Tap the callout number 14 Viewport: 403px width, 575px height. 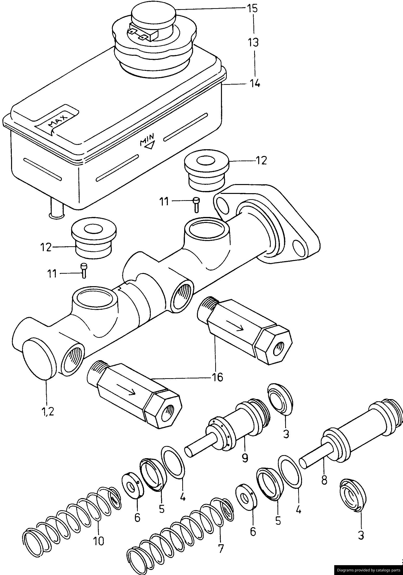254,84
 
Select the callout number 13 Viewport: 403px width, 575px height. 253,42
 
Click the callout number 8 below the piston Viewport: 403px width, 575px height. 324,480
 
